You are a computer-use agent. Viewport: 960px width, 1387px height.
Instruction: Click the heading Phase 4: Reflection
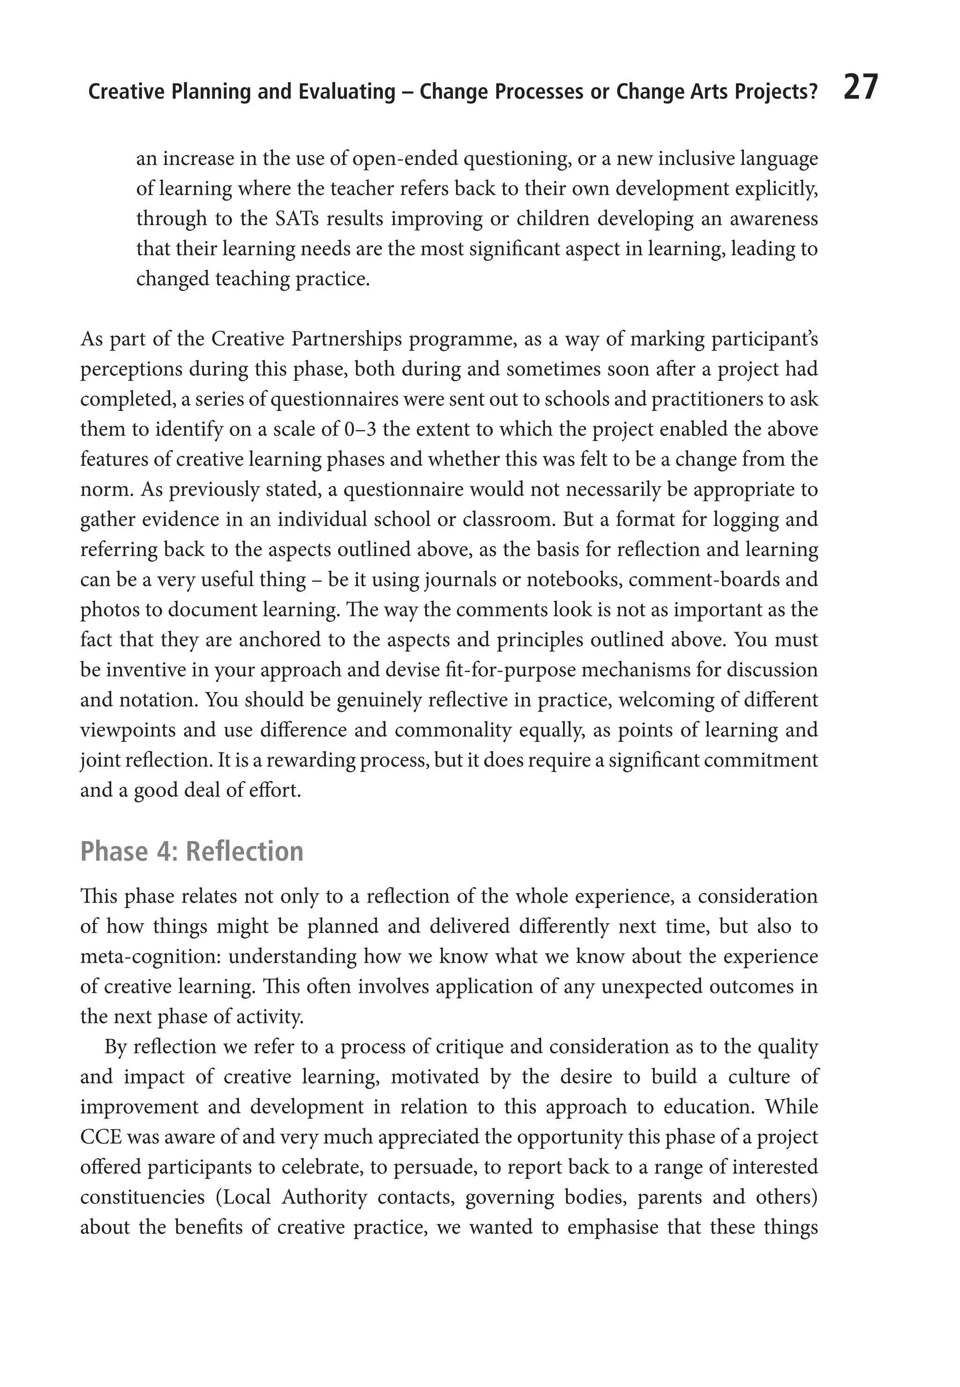pos(192,851)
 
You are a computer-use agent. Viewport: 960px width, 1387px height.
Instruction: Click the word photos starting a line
pos(106,610)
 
